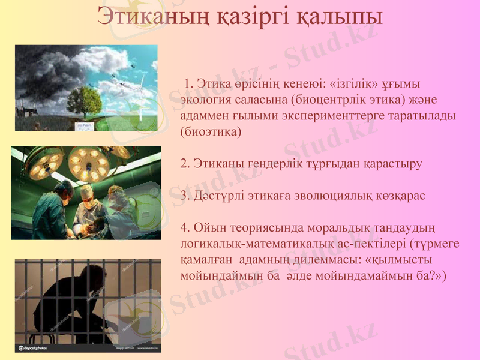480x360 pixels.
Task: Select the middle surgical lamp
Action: (x=88, y=163)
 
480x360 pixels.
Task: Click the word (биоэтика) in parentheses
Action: (x=211, y=130)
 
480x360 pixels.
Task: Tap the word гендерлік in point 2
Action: (x=263, y=163)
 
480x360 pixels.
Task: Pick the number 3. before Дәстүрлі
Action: (x=184, y=196)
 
